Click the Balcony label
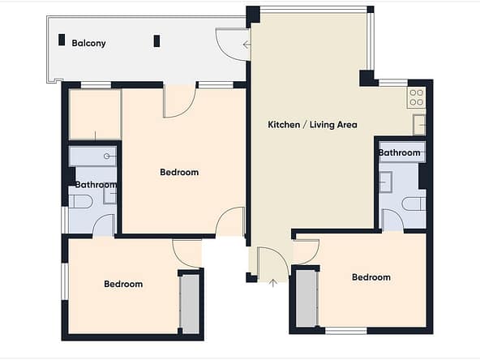pyautogui.click(x=88, y=43)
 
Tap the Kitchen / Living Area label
pyautogui.click(x=312, y=125)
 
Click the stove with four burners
pyautogui.click(x=416, y=97)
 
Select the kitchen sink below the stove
pyautogui.click(x=419, y=125)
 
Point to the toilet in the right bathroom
pyautogui.click(x=414, y=204)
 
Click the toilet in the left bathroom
pyautogui.click(x=80, y=201)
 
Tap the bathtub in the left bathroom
pyautogui.click(x=92, y=156)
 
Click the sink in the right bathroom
pyautogui.click(x=386, y=182)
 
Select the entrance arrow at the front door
pyautogui.click(x=272, y=283)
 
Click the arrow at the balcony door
pyautogui.click(x=246, y=45)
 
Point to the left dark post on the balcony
pyautogui.click(x=62, y=40)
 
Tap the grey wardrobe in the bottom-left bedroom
pyautogui.click(x=190, y=303)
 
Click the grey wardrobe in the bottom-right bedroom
pyautogui.click(x=306, y=298)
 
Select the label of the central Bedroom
pyautogui.click(x=179, y=172)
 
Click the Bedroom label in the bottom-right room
pyautogui.click(x=371, y=277)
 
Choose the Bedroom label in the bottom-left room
pyautogui.click(x=123, y=284)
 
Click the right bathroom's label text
pyautogui.click(x=399, y=152)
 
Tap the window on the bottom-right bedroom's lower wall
pyautogui.click(x=346, y=330)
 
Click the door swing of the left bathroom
pyautogui.click(x=101, y=220)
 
